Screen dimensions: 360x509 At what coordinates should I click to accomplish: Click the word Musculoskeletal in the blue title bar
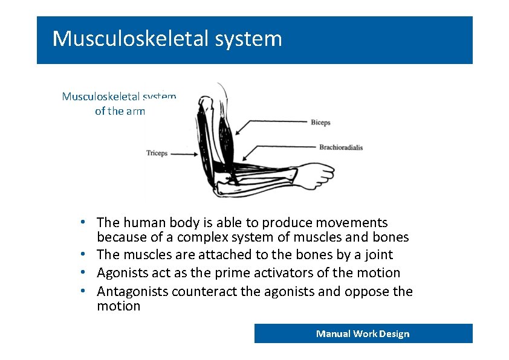pyautogui.click(x=130, y=39)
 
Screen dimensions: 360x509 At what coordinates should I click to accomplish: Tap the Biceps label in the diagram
pyautogui.click(x=320, y=123)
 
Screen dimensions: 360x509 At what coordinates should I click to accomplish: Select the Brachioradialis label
pyautogui.click(x=341, y=147)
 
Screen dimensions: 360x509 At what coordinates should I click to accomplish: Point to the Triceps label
pyautogui.click(x=157, y=153)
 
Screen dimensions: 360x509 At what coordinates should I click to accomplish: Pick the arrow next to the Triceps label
pyautogui.click(x=184, y=153)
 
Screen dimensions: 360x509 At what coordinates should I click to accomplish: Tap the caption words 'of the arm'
pyautogui.click(x=120, y=111)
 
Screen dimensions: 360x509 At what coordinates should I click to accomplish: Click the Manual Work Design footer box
pyautogui.click(x=363, y=333)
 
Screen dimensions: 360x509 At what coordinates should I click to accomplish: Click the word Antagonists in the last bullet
pyautogui.click(x=132, y=292)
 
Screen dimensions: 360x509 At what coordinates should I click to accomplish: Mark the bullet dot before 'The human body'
pyautogui.click(x=88, y=222)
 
